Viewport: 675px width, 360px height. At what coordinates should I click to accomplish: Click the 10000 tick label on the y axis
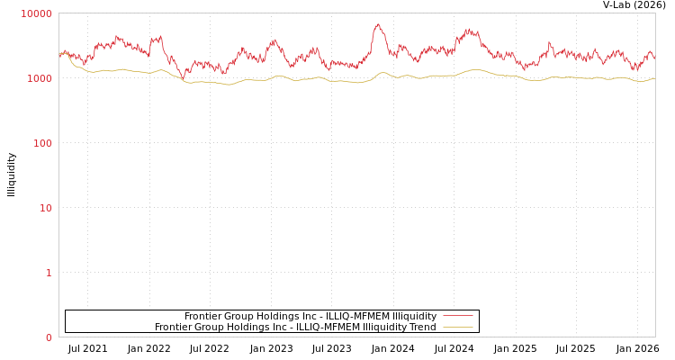coord(37,13)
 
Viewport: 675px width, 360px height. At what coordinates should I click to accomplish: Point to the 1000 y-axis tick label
coord(40,78)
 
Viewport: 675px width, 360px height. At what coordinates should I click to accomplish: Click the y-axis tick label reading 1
coord(49,273)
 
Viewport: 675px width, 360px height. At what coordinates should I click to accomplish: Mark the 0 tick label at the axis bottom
coord(49,337)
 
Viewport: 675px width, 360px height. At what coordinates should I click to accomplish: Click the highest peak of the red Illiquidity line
coord(378,24)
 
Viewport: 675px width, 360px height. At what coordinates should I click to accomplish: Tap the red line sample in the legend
coord(458,316)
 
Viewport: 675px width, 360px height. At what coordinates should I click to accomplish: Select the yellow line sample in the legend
coord(458,328)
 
